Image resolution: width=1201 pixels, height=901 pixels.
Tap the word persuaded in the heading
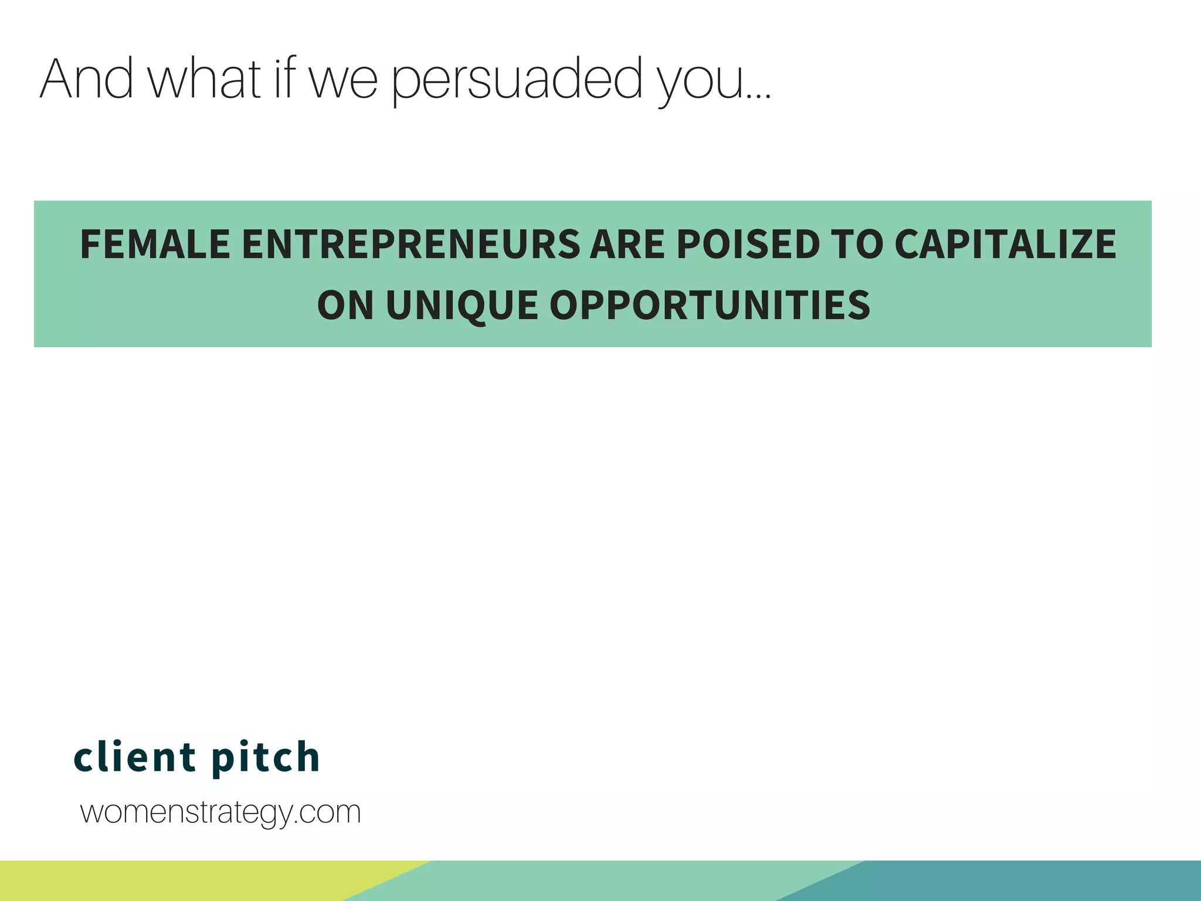click(x=517, y=80)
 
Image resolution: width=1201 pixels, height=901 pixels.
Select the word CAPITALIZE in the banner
click(x=1005, y=244)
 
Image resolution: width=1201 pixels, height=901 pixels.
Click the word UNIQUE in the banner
click(x=462, y=306)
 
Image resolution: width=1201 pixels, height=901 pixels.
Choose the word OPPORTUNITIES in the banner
click(x=710, y=306)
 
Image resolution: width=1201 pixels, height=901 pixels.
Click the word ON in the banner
click(x=345, y=306)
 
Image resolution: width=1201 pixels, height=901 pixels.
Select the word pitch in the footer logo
click(x=266, y=758)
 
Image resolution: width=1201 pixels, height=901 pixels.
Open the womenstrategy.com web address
click(x=220, y=813)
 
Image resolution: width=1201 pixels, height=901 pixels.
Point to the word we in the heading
click(x=344, y=81)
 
